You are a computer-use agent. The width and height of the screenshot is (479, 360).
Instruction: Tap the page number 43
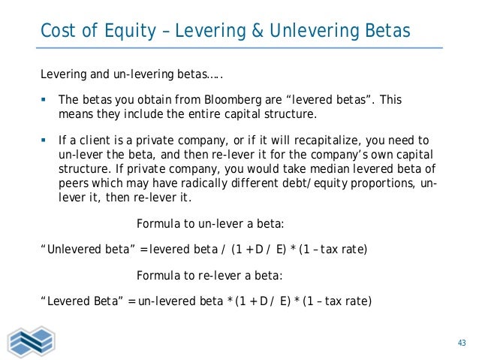462,343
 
